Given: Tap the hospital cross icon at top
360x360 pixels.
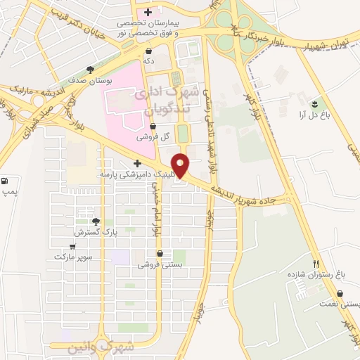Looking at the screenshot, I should [x=148, y=12].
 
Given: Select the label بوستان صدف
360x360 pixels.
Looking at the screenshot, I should [x=91, y=81].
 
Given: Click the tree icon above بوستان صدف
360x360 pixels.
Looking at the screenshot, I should [x=90, y=70].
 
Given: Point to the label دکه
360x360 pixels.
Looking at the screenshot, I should [x=149, y=62].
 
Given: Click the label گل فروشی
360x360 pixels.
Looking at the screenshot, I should [x=153, y=136].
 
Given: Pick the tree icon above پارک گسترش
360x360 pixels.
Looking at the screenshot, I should [x=86, y=221].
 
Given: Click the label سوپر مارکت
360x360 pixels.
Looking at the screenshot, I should [x=73, y=257].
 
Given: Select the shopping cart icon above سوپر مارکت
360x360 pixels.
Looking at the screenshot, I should [x=72, y=247].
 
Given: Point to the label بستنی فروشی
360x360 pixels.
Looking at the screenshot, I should [x=160, y=264].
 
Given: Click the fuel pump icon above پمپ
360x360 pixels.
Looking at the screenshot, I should [x=6, y=181].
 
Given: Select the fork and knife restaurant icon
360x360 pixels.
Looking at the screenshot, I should [x=316, y=262].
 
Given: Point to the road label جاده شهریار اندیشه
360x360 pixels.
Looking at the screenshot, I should [x=252, y=198].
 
